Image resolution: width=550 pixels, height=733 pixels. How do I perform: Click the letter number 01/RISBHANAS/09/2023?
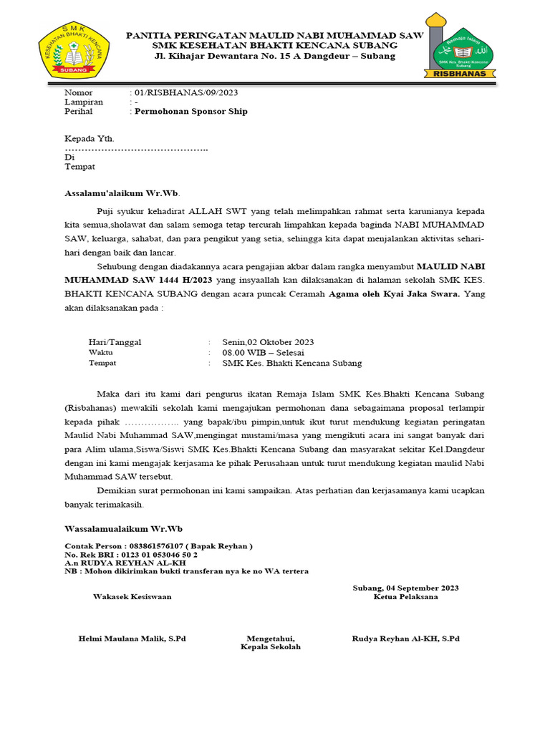185,93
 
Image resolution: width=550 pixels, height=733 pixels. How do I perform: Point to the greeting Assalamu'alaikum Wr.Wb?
122,193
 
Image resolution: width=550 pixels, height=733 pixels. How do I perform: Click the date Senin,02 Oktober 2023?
268,342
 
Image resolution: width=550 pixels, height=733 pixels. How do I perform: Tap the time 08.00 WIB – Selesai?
263,353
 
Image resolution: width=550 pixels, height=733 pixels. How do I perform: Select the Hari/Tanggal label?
115,342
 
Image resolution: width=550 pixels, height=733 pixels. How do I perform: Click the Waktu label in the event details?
100,353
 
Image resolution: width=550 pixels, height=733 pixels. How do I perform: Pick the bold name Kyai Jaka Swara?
424,293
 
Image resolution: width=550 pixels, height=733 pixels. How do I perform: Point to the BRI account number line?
131,555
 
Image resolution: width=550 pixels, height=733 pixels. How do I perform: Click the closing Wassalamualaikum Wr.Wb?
124,528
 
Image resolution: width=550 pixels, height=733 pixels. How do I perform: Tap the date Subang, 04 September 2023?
405,588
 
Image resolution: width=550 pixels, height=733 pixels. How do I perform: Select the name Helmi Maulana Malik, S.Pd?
132,639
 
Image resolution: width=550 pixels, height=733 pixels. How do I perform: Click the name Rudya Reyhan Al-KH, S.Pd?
405,639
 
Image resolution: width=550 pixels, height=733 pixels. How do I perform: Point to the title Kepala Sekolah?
271,647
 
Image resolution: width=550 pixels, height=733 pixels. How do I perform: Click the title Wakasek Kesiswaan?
132,597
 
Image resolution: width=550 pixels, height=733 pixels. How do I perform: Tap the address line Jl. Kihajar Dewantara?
275,57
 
